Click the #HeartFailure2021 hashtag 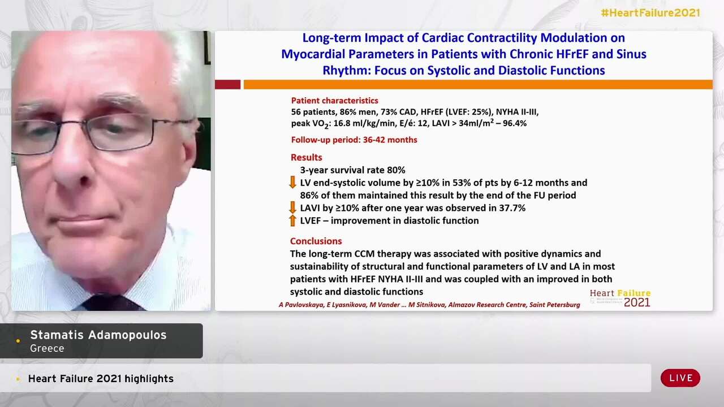click(650, 13)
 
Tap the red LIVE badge click(680, 378)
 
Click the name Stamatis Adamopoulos click(98, 335)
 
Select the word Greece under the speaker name click(47, 349)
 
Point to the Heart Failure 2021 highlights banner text click(101, 379)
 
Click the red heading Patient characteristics click(334, 101)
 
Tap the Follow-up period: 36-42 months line click(354, 140)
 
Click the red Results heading click(307, 157)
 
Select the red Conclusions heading click(316, 241)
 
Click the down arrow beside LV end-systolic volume click(292, 182)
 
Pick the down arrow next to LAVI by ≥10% click(292, 207)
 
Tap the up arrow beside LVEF click(292, 220)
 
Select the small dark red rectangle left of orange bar click(227, 85)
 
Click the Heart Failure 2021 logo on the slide click(620, 298)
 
